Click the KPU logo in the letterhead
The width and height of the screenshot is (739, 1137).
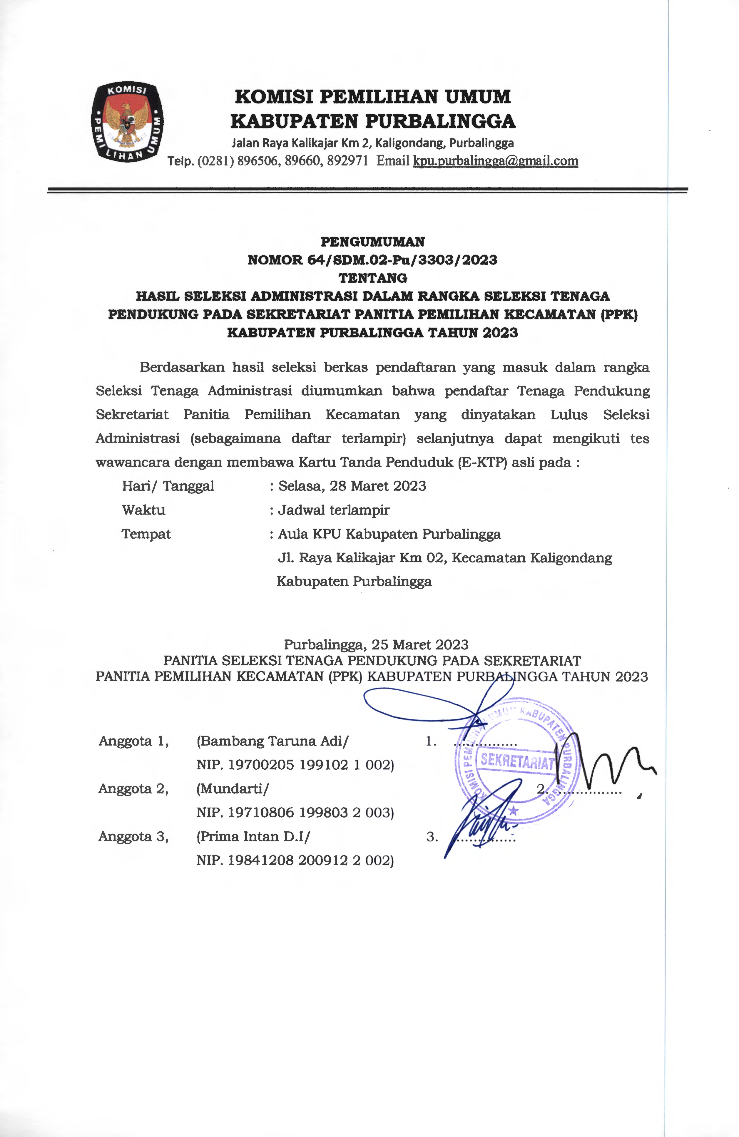pyautogui.click(x=127, y=122)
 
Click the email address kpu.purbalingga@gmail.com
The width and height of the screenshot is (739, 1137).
pyautogui.click(x=495, y=161)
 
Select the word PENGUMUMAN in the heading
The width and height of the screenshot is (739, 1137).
pyautogui.click(x=372, y=242)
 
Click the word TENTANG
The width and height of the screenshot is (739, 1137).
pyautogui.click(x=372, y=278)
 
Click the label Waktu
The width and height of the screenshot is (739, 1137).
pyautogui.click(x=143, y=510)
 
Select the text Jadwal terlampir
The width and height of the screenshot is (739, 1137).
pyautogui.click(x=334, y=510)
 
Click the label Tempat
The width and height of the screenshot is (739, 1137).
pyautogui.click(x=146, y=534)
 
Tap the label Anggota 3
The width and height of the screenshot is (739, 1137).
pyautogui.click(x=133, y=836)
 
